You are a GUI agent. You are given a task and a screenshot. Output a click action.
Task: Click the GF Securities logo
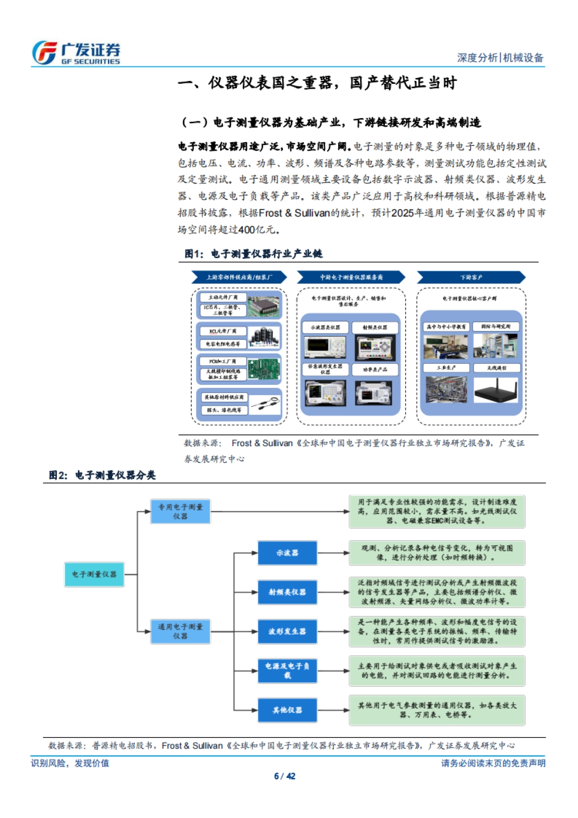(76, 53)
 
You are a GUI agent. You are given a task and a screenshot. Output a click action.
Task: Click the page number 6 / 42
(285, 776)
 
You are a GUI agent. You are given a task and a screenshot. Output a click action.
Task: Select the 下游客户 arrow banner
(471, 277)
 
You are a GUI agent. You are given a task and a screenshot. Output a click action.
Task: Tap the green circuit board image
(263, 369)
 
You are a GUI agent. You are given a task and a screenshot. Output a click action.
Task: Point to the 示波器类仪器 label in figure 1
(325, 328)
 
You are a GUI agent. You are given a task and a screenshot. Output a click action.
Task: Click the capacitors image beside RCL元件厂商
(264, 337)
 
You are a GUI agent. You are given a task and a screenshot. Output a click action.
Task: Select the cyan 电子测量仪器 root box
(94, 574)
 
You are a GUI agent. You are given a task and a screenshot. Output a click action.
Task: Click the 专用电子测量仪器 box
(181, 512)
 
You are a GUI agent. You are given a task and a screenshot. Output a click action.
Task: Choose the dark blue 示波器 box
(287, 553)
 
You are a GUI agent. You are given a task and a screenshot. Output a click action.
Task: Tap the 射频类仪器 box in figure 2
(287, 592)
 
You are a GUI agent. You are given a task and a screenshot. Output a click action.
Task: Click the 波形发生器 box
(287, 632)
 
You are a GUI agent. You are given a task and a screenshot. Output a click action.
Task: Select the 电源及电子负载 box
(287, 671)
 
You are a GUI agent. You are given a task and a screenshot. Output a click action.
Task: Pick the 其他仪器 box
(287, 710)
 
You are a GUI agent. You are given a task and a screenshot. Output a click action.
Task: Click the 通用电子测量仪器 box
(181, 632)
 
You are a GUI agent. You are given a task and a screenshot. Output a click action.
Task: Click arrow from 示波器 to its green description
(333, 553)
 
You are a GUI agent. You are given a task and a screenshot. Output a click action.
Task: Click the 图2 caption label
(102, 475)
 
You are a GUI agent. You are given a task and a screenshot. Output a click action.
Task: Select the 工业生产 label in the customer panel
(446, 368)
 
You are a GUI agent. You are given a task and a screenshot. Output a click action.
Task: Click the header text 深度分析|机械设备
(500, 58)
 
